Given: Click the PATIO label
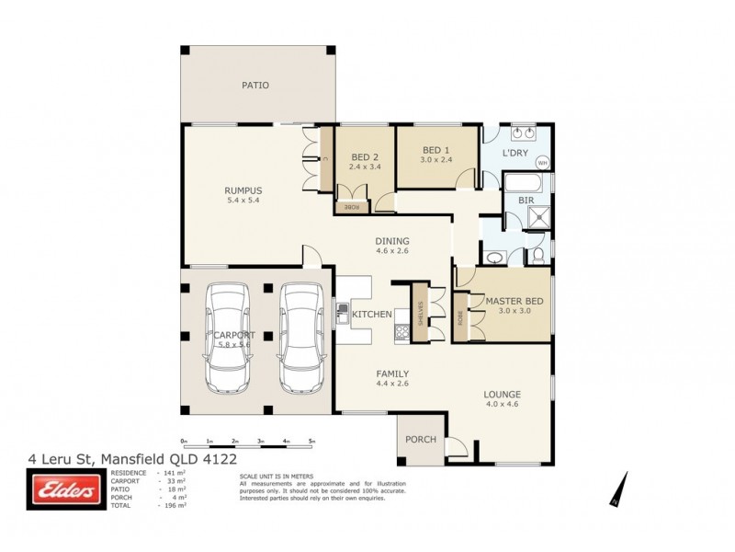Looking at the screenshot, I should [x=254, y=85].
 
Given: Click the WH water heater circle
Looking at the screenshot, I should [x=541, y=163].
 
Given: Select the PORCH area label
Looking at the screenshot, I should [x=421, y=439].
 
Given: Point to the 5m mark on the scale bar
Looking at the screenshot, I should [x=311, y=441].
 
